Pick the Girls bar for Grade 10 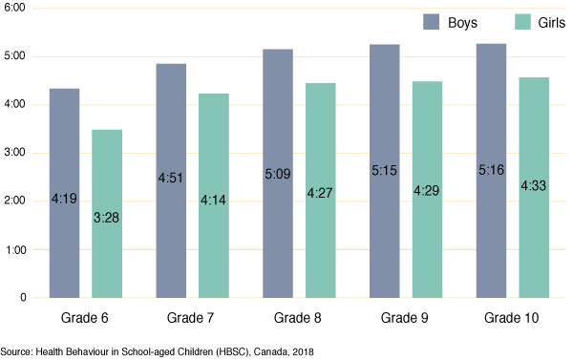click(x=535, y=239)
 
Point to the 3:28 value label click(x=107, y=218)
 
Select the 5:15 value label click(x=384, y=170)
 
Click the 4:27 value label click(x=321, y=191)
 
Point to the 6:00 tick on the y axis click(x=15, y=8)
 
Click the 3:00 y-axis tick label click(x=15, y=153)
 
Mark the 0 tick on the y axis click(x=23, y=298)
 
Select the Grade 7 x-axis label click(x=192, y=317)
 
